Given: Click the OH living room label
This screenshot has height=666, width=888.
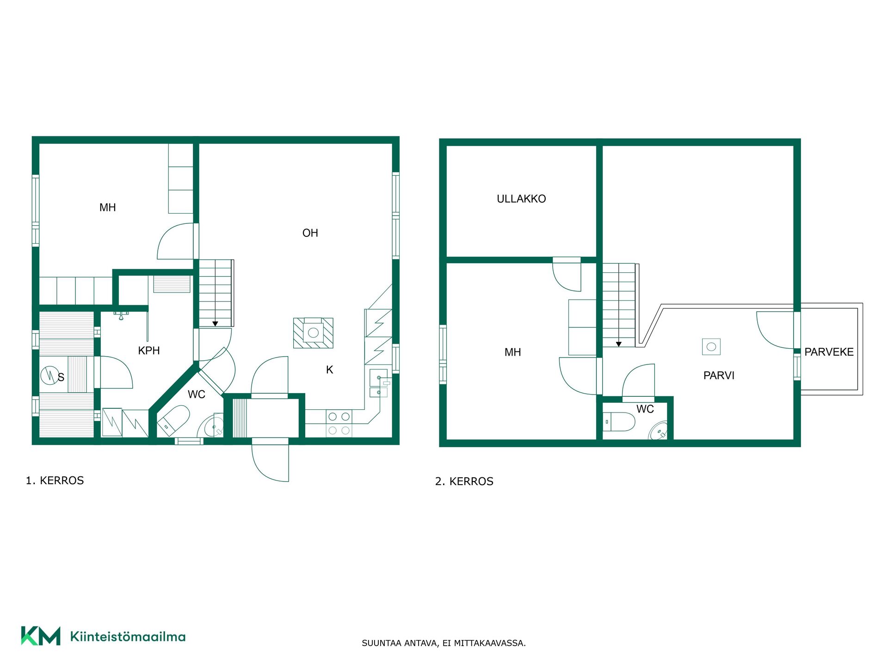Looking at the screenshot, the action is tap(310, 233).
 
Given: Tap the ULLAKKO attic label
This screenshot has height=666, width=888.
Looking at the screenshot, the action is tap(521, 199).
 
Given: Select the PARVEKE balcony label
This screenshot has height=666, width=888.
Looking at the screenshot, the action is tap(829, 352).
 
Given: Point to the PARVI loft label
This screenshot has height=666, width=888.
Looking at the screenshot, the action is tap(719, 376).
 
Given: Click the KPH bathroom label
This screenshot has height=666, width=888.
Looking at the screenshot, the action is tap(149, 351).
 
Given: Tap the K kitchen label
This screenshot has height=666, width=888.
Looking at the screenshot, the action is tap(329, 370).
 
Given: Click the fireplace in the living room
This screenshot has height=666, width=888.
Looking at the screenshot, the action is tap(313, 333).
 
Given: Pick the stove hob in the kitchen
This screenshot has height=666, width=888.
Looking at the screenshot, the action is tap(339, 423).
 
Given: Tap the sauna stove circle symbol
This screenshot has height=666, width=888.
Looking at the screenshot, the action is tap(49, 375).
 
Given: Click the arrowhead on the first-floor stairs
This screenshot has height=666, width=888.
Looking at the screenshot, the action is tap(215, 324).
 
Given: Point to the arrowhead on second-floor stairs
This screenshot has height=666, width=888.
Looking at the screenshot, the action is tap(619, 344).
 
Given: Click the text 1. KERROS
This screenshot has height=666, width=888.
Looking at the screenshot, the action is tap(55, 481).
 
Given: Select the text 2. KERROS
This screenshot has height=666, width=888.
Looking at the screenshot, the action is tap(464, 481).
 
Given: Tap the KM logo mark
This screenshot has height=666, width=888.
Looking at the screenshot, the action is tap(41, 636).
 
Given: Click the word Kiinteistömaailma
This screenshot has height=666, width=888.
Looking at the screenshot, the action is tap(128, 636).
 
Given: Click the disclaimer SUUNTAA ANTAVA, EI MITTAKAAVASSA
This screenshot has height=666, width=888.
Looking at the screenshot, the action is tap(444, 643).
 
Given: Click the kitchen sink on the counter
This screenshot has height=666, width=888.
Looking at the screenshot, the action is tap(378, 383).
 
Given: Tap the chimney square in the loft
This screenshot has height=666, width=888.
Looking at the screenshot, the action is tap(711, 346).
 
